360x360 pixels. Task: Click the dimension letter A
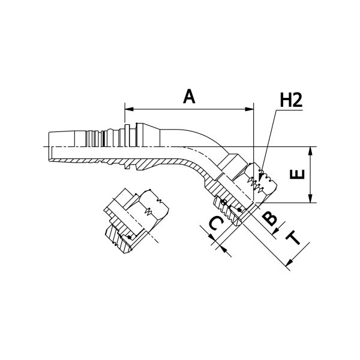coord(189,97)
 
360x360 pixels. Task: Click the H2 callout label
coord(291,100)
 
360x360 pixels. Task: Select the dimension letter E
coord(298,174)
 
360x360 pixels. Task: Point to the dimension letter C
coord(216,224)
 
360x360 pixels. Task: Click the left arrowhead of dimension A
coord(129,109)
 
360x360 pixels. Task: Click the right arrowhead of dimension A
coord(250,109)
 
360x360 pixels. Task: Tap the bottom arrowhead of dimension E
coord(310,199)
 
